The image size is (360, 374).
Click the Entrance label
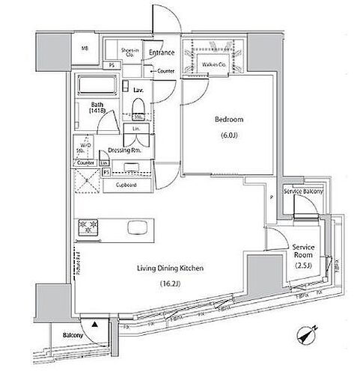(x=162, y=52)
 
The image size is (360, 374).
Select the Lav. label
(x=138, y=90)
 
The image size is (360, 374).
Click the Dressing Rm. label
(x=124, y=149)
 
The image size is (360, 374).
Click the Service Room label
(x=304, y=251)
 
